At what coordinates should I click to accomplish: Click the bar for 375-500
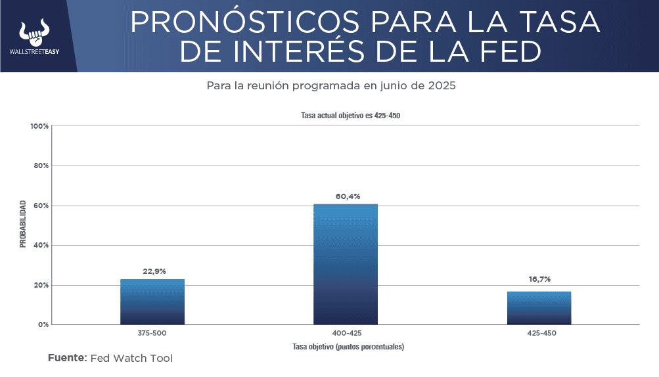tap(152, 301)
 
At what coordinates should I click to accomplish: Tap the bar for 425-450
tap(539, 307)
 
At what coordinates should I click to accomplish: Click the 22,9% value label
tap(152, 271)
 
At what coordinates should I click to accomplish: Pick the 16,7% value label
tap(539, 279)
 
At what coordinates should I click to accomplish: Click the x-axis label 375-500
tap(152, 333)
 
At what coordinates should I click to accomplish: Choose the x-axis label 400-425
tap(346, 333)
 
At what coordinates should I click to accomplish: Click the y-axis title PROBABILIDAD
tap(23, 224)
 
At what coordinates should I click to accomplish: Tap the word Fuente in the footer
tap(67, 358)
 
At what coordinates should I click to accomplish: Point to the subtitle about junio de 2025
tap(331, 86)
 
